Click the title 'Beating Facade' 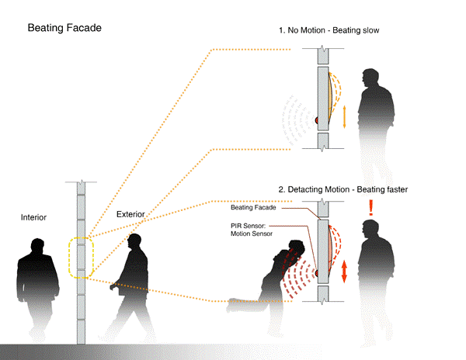tap(64, 28)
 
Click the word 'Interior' tap(34, 218)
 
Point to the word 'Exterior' tap(131, 213)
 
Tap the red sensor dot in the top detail tap(316, 120)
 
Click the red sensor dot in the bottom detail tap(316, 272)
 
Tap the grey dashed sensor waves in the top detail tap(299, 120)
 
